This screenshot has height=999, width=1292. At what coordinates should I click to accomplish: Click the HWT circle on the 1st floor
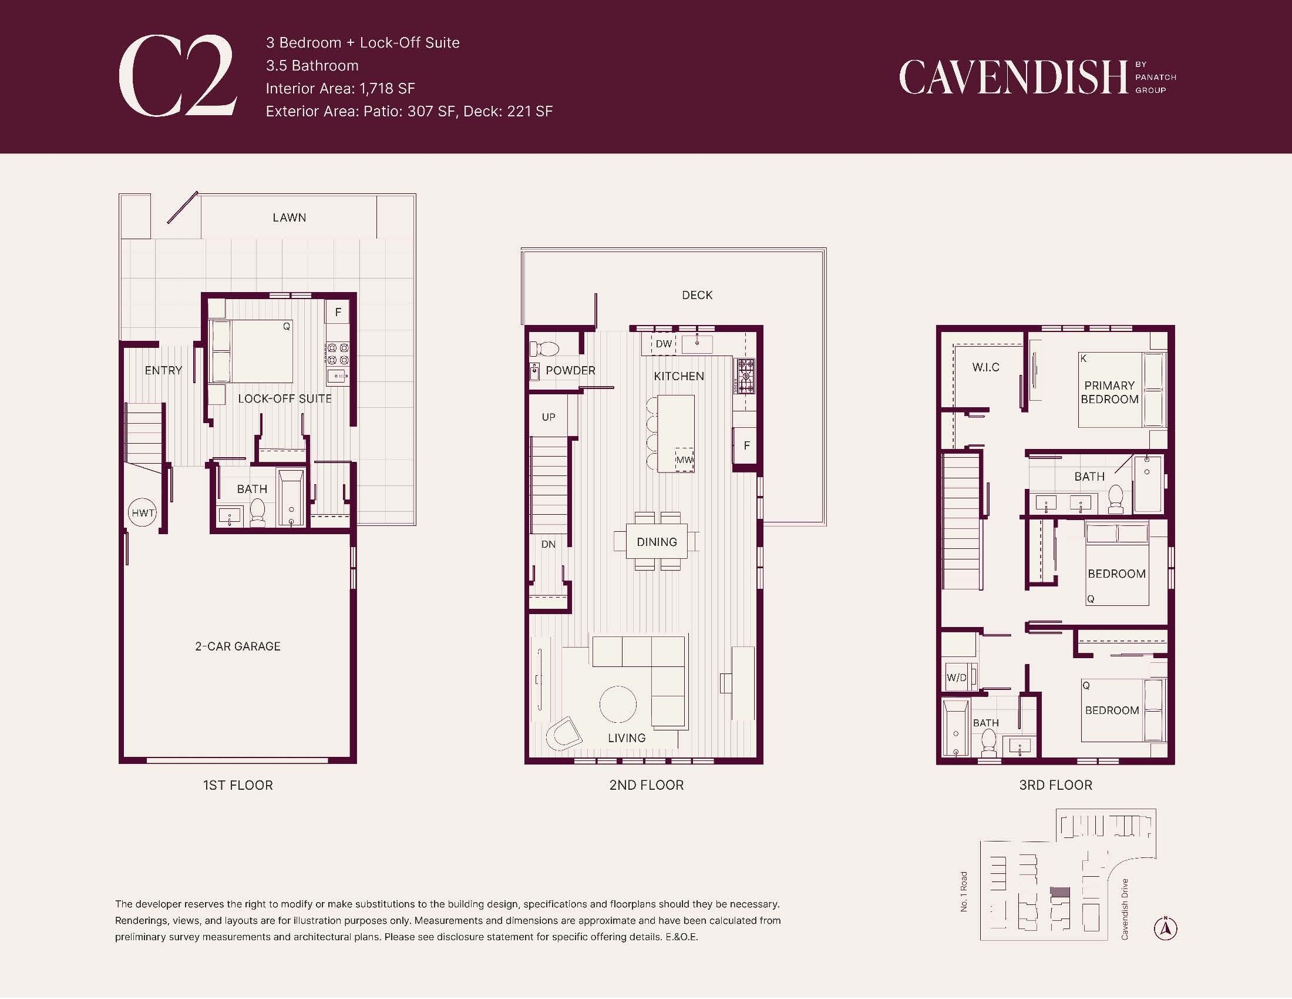(143, 513)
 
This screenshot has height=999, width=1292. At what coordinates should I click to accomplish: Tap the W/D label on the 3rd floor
(956, 678)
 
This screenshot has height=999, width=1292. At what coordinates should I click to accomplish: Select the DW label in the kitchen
(664, 344)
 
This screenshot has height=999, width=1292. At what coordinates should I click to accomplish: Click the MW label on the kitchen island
(684, 460)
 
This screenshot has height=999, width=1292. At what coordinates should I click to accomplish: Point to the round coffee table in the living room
(618, 704)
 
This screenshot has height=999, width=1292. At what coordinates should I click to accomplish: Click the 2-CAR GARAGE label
(238, 646)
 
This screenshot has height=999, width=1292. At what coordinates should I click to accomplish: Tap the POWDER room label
(570, 370)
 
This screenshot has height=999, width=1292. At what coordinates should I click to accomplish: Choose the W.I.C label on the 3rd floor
(985, 367)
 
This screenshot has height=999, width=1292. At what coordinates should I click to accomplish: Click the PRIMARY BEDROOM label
(1109, 392)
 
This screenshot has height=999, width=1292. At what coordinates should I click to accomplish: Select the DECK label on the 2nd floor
(697, 295)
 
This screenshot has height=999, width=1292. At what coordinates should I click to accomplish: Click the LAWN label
(290, 218)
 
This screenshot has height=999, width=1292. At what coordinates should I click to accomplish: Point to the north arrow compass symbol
(1165, 928)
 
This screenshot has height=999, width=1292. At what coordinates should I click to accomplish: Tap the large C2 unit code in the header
(178, 76)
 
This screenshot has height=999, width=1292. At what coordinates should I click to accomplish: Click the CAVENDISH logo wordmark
(1014, 77)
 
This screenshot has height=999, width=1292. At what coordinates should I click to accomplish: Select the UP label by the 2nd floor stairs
(549, 417)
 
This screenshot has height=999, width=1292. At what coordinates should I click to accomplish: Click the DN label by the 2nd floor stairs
(549, 545)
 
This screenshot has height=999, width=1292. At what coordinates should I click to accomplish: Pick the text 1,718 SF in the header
(388, 89)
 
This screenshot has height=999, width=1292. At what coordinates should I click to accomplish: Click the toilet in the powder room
(545, 348)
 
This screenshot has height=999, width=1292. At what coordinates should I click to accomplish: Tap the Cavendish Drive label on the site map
(1125, 909)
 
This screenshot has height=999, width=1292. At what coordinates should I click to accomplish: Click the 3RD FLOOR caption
(1055, 785)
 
